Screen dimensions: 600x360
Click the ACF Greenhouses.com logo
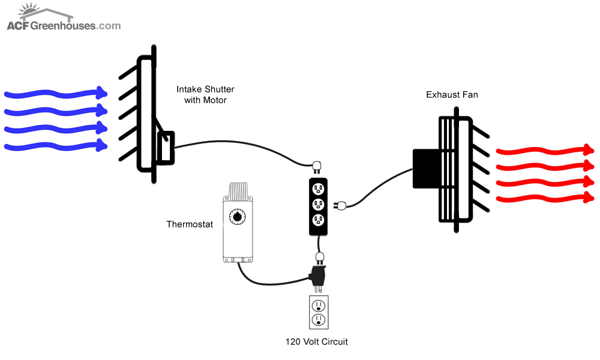(64, 17)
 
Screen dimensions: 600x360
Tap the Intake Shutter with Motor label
(205, 94)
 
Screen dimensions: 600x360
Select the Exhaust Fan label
(452, 94)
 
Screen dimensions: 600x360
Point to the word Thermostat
(190, 224)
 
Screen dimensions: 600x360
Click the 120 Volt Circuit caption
(316, 341)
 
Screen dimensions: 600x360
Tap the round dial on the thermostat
(237, 217)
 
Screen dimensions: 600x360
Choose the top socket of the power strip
(319, 188)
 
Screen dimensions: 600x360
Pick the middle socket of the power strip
(319, 205)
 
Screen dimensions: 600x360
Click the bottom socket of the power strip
(319, 220)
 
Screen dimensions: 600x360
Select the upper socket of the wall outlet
(319, 306)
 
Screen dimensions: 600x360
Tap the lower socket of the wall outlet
(319, 319)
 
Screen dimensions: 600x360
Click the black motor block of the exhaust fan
(427, 169)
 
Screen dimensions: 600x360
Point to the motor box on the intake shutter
(166, 148)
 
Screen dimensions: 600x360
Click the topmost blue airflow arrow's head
(102, 92)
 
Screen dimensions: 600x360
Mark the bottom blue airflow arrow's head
(102, 145)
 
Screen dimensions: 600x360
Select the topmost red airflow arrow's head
(589, 149)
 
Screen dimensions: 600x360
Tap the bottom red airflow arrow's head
(589, 197)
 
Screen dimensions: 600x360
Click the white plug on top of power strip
(317, 167)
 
